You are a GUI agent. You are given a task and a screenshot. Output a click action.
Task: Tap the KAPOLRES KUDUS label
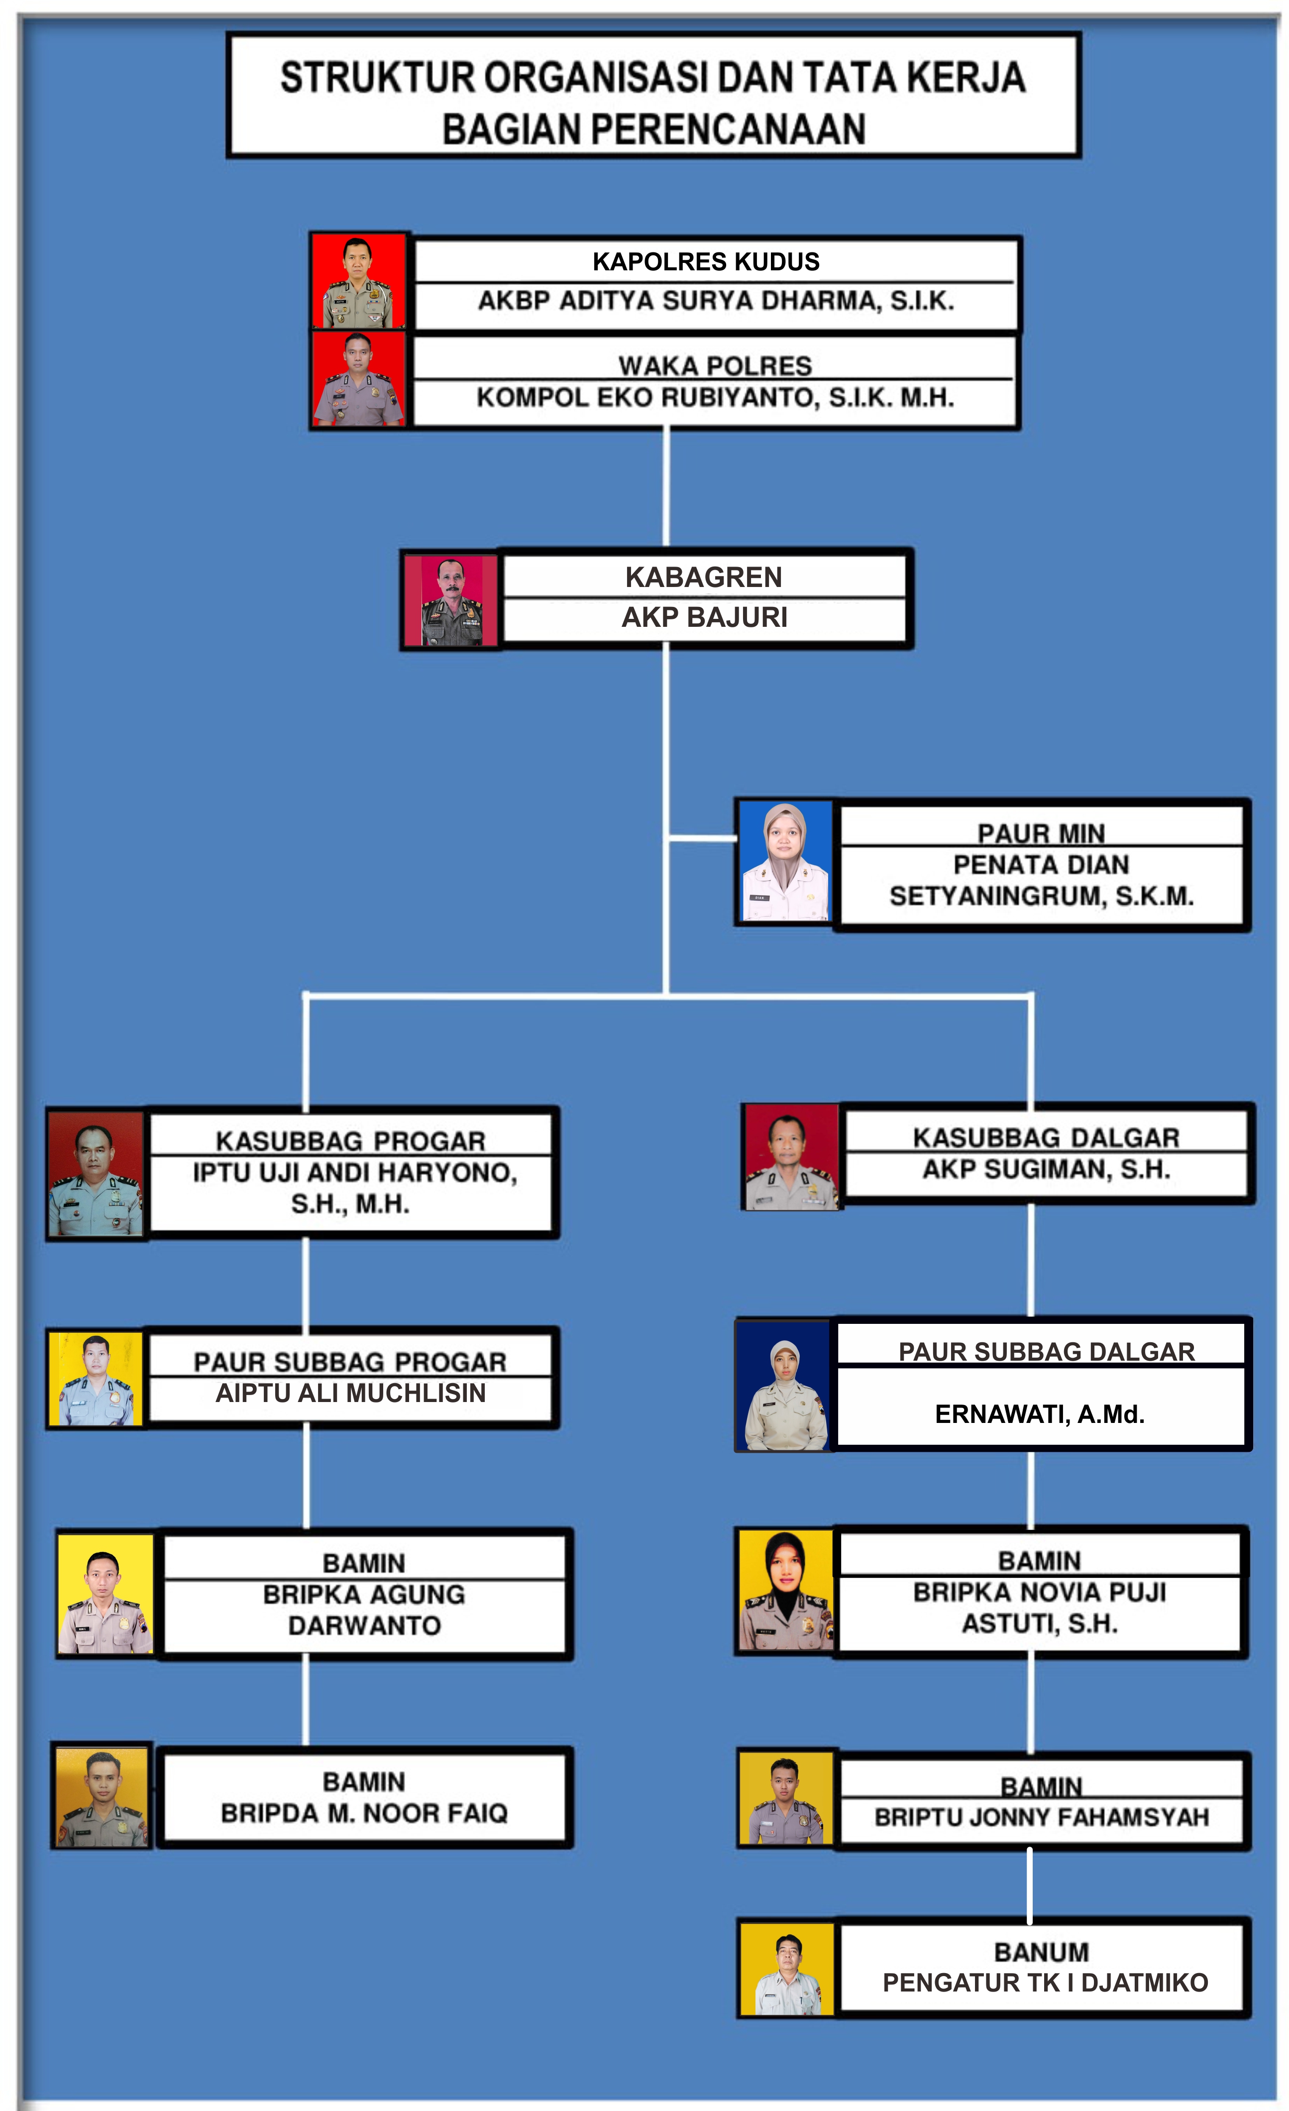pos(706,261)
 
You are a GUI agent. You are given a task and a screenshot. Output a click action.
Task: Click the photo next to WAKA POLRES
pos(358,379)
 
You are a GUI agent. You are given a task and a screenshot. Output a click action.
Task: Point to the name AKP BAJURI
pos(704,617)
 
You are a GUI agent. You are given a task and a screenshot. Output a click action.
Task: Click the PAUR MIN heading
pos(1041,833)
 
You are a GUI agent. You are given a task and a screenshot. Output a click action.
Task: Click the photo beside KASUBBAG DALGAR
pos(791,1157)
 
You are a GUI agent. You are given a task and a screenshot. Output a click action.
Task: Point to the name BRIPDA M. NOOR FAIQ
pos(364,1813)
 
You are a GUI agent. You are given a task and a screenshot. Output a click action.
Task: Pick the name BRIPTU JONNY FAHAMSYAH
pos(1042,1817)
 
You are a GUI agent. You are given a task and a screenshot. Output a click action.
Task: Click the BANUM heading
pos(1042,1952)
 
